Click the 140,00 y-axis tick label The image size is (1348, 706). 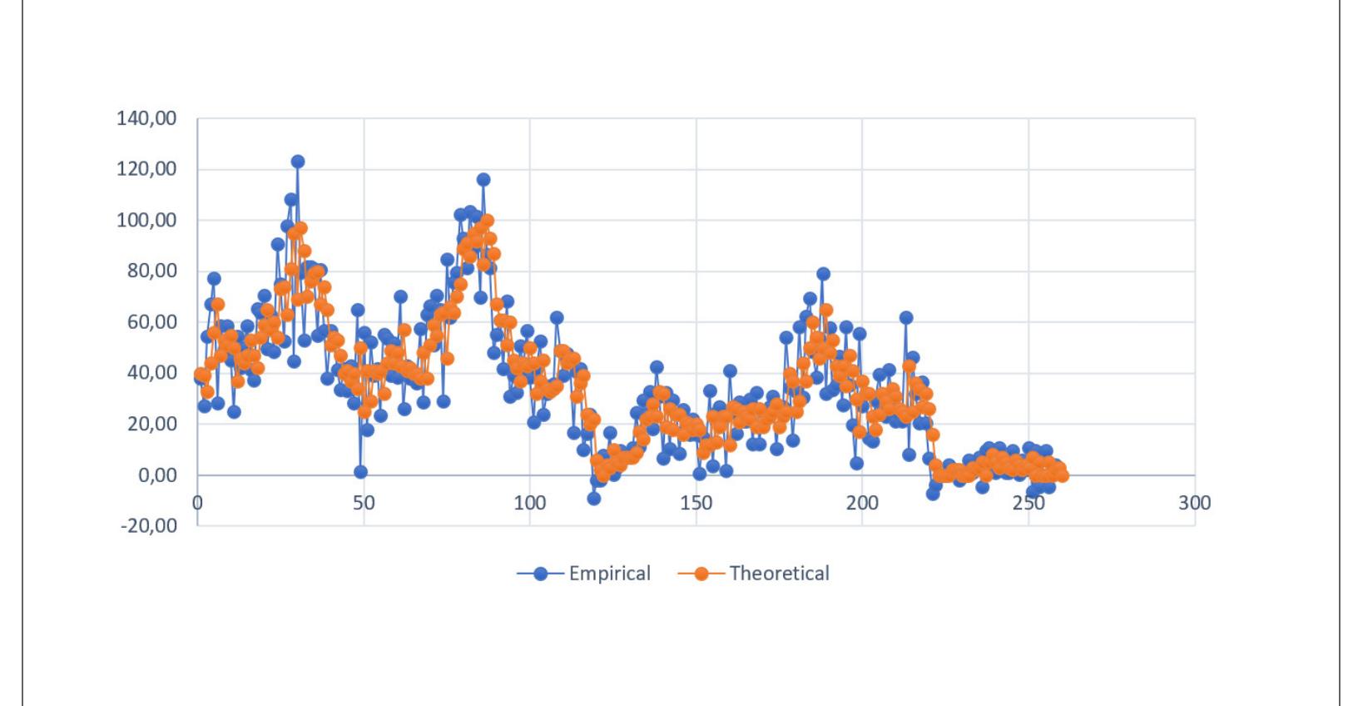147,118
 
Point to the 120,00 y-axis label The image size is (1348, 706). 147,169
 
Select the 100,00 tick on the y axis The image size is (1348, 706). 147,220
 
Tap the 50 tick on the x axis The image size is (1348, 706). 364,503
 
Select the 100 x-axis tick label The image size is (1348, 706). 530,503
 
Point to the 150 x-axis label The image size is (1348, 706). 696,503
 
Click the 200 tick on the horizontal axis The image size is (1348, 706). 862,503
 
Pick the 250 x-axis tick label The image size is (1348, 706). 1028,503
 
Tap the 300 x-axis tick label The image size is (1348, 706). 1195,503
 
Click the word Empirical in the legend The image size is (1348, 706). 609,574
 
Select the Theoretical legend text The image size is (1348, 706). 779,574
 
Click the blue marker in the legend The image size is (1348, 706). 542,574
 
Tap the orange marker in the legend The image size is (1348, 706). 702,574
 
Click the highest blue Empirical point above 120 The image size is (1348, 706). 297,162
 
